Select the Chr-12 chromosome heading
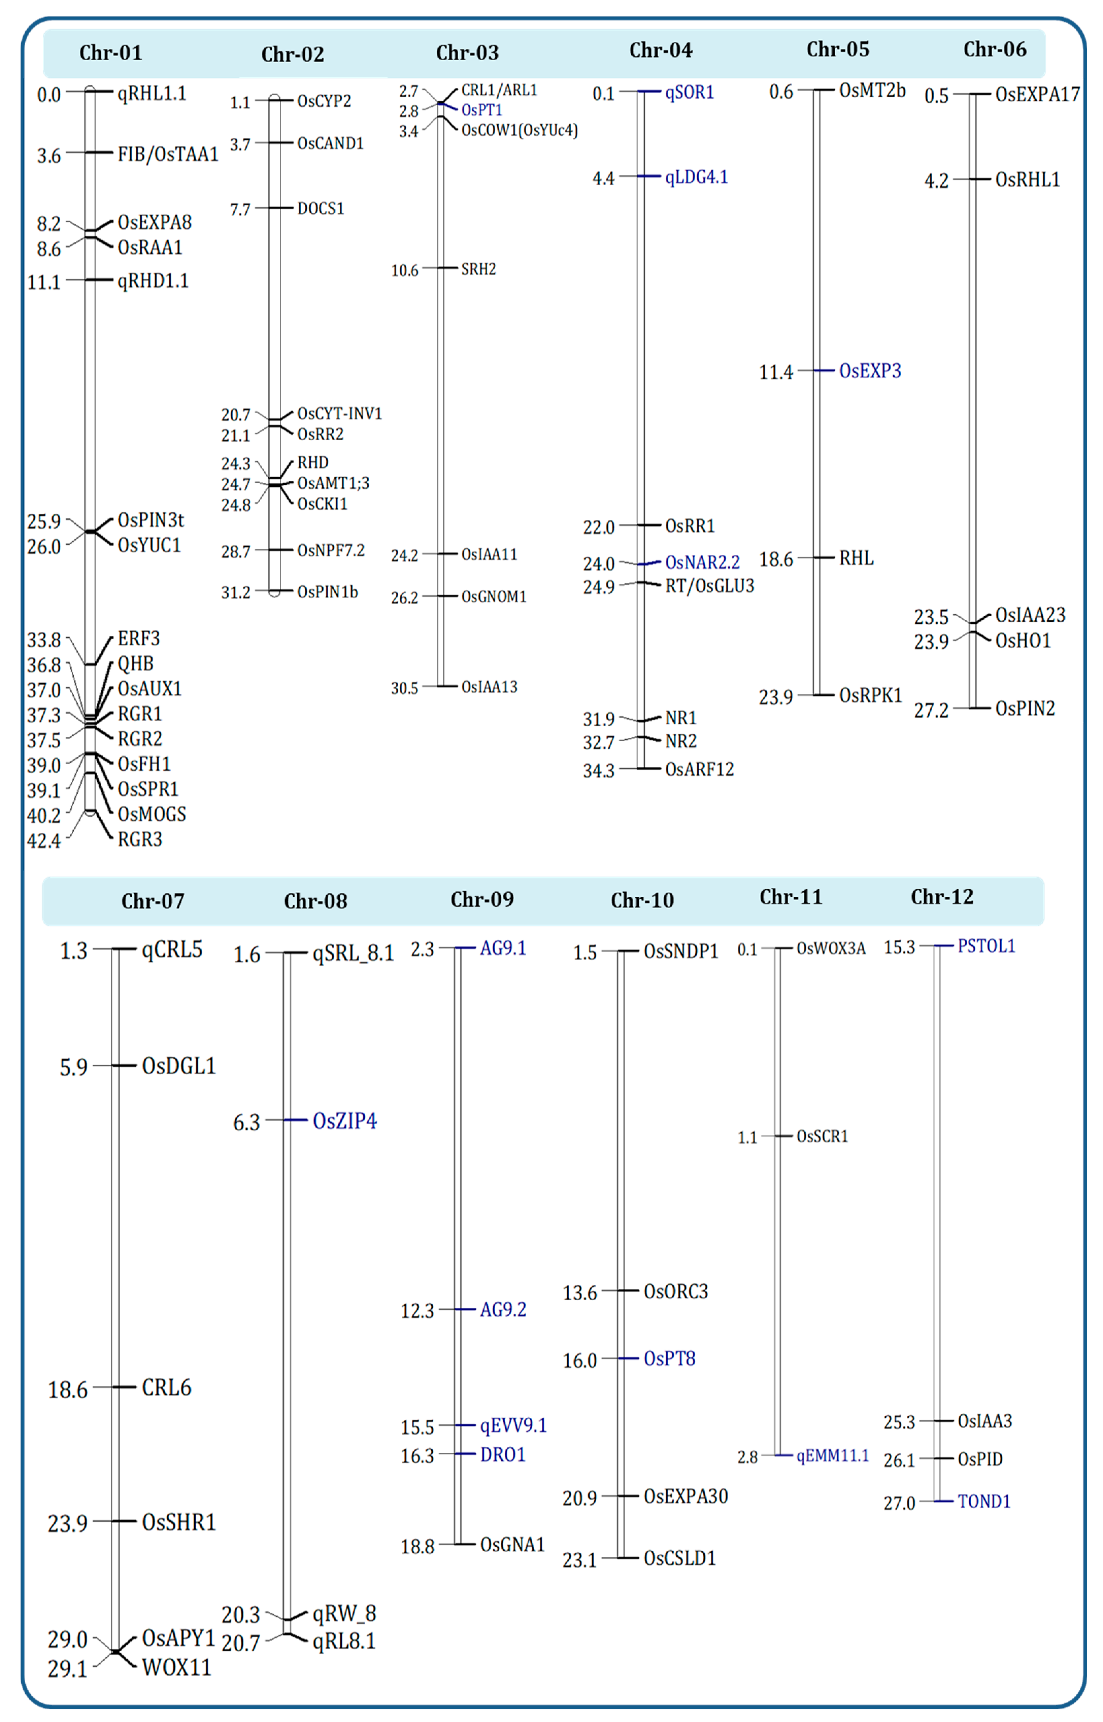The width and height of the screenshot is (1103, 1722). (x=942, y=897)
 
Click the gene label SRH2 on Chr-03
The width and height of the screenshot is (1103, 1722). (x=478, y=269)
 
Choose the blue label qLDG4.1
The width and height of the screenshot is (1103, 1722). (x=696, y=177)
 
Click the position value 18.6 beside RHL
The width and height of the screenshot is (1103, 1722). (x=776, y=559)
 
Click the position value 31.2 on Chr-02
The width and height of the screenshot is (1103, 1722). (x=236, y=593)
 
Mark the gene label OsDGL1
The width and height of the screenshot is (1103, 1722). (x=178, y=1066)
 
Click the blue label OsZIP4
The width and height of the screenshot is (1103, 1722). (x=344, y=1121)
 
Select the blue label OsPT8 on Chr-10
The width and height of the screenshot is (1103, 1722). (x=669, y=1358)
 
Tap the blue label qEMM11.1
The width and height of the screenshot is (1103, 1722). (x=832, y=1456)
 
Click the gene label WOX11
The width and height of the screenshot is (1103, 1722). (x=176, y=1667)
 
